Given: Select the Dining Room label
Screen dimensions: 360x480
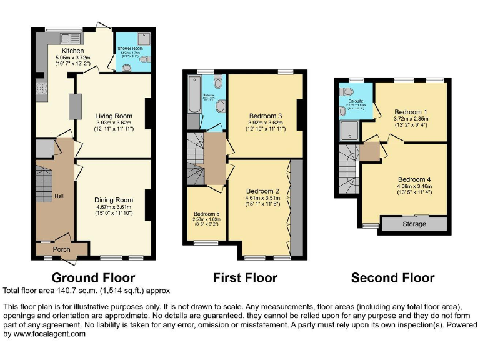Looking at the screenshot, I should pos(114,201).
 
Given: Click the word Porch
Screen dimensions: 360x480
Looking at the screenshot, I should pos(61,250).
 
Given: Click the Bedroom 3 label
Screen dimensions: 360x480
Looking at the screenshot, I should pos(266,116).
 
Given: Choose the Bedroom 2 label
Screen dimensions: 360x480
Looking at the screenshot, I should pos(262,191).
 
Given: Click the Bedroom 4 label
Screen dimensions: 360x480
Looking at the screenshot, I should pos(414,179).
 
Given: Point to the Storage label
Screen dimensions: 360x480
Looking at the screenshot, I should pos(414,224).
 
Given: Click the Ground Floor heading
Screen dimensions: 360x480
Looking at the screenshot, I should pos(93,277).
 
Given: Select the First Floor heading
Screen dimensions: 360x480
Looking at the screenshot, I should pos(245,277).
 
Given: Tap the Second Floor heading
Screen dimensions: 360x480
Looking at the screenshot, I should pos(392,277).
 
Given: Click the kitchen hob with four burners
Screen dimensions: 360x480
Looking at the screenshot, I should pos(42,89).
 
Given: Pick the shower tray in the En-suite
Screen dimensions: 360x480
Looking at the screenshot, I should pos(347,129).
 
